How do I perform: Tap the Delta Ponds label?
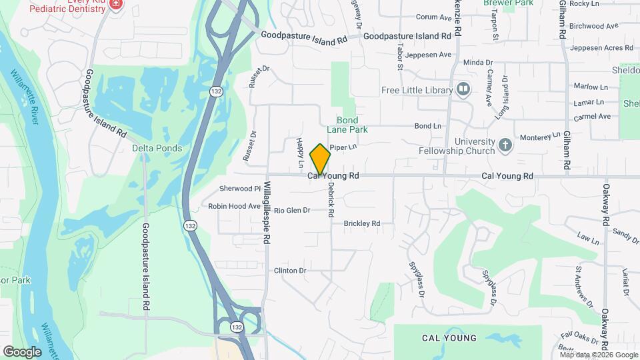[x=152, y=148]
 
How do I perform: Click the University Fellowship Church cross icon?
[x=506, y=145]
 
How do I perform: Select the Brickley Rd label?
[x=361, y=224]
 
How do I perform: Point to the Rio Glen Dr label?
[x=292, y=210]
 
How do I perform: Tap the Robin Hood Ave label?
[x=234, y=206]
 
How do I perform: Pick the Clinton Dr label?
[x=289, y=271]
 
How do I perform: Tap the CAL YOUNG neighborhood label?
[x=449, y=338]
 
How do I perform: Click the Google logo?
[x=22, y=351]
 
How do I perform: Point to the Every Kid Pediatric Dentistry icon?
[x=117, y=4]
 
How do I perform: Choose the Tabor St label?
[x=400, y=57]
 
